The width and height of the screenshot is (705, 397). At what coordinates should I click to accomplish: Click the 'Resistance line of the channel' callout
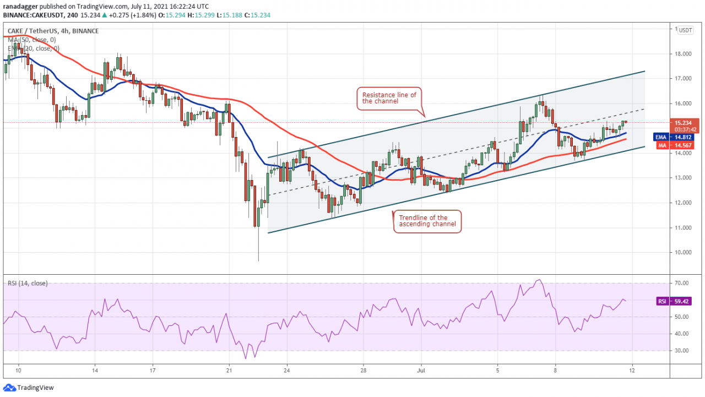(389, 98)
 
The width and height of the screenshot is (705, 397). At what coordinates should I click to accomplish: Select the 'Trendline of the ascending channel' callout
(426, 221)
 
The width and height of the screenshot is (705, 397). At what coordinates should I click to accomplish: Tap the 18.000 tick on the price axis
(685, 54)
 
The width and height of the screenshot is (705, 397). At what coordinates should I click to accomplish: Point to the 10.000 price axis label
(685, 253)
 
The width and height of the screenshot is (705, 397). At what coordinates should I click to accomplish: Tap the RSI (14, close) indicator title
(28, 283)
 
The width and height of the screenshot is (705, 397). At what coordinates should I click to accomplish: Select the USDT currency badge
(686, 30)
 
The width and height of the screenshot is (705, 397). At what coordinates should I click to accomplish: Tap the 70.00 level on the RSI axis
(684, 283)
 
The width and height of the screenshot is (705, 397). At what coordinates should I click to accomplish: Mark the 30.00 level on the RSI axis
(684, 351)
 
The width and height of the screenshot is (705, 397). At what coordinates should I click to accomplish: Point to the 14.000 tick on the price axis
(685, 153)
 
